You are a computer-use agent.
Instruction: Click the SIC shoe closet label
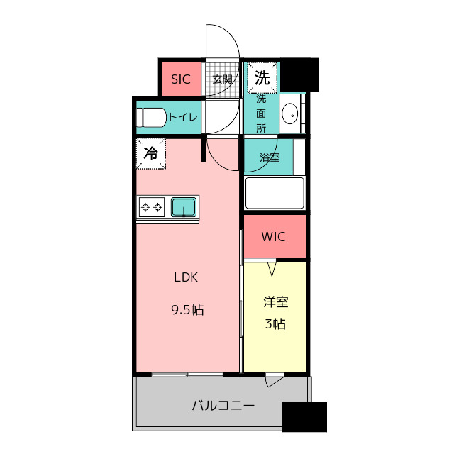click(181, 79)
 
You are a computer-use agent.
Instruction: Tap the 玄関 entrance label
click(222, 79)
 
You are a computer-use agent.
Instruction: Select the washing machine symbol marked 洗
click(262, 78)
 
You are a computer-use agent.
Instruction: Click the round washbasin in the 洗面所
click(290, 113)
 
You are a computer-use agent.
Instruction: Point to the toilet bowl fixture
click(151, 118)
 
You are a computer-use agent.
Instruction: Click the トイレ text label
click(183, 117)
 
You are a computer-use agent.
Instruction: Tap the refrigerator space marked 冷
click(151, 153)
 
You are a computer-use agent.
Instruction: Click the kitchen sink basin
click(183, 207)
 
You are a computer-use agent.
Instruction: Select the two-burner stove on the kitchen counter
click(151, 207)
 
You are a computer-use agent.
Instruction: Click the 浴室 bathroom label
click(270, 157)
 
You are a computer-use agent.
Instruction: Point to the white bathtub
click(275, 193)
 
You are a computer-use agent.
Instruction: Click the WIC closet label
click(274, 236)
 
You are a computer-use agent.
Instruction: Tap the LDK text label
click(186, 277)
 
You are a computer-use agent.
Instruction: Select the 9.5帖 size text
click(187, 310)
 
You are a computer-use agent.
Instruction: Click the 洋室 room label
click(276, 302)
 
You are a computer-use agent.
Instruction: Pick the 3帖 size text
click(275, 323)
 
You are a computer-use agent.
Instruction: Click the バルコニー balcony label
click(223, 405)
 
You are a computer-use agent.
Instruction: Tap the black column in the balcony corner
click(304, 417)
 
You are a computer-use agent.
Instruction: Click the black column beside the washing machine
click(299, 75)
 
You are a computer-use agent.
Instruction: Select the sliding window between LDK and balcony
click(187, 375)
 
